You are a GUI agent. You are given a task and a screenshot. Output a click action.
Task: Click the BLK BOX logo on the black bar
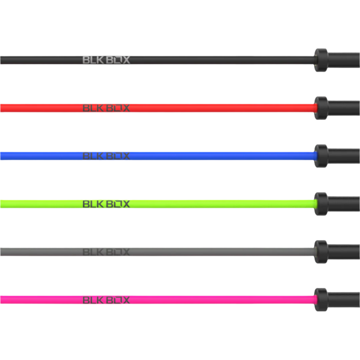click(x=106, y=60)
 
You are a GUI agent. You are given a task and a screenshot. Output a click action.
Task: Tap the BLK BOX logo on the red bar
click(x=106, y=108)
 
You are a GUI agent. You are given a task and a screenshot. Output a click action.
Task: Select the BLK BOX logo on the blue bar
click(x=106, y=156)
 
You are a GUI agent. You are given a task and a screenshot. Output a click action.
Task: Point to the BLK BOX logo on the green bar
click(x=106, y=204)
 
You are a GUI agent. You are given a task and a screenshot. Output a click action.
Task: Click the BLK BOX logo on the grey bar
click(x=106, y=252)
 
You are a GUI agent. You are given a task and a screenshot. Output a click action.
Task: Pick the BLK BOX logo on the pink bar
click(x=106, y=300)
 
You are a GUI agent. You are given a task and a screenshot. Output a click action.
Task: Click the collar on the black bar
click(x=321, y=60)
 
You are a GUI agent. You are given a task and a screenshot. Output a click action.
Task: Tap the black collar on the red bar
click(x=321, y=108)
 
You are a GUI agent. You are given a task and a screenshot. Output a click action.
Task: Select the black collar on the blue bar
click(x=321, y=156)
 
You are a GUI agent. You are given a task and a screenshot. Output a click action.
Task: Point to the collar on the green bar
click(x=321, y=204)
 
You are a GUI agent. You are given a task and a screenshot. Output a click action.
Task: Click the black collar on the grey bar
click(x=321, y=252)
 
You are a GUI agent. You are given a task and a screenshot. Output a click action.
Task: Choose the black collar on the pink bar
click(x=321, y=300)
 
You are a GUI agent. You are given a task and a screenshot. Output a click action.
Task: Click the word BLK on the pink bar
click(x=93, y=300)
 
